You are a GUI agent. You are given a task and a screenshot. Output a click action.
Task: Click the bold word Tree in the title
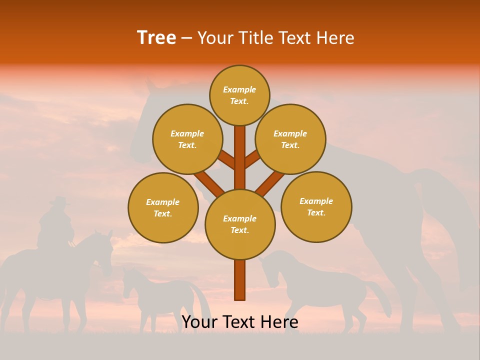click(156, 38)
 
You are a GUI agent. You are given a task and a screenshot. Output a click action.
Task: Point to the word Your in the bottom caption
click(199, 322)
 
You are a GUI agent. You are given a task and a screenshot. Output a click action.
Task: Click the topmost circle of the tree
click(239, 95)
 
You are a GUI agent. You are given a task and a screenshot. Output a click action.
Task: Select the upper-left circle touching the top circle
click(187, 139)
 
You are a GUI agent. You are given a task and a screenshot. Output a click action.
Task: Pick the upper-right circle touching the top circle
click(290, 139)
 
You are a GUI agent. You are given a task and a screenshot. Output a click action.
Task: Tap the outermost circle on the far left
click(163, 207)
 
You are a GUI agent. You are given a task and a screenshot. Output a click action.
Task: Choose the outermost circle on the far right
click(316, 206)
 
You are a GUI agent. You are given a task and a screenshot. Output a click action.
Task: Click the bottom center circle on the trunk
click(240, 224)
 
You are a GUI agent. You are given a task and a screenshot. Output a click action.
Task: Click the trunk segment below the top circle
click(240, 155)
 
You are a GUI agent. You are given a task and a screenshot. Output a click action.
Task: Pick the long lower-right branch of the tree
click(270, 182)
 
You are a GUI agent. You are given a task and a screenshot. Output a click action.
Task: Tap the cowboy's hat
click(60, 201)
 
